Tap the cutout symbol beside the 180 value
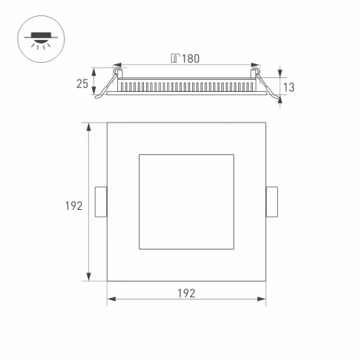point(175,58)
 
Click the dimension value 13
point(288,87)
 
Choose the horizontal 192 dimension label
point(186,293)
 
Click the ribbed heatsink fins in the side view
point(186,84)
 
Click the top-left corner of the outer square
point(107,123)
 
